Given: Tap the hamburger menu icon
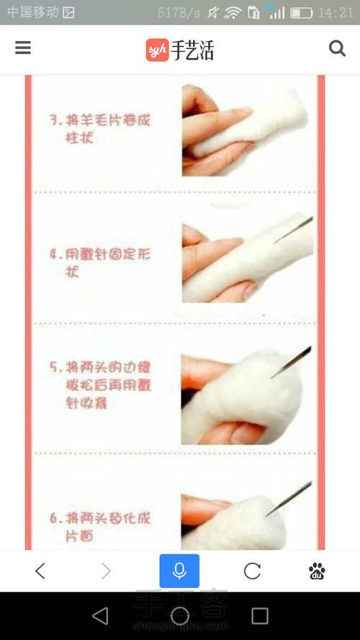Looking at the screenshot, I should click(23, 48).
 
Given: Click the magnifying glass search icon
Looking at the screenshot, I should click(337, 48).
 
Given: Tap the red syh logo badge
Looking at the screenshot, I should click(157, 50).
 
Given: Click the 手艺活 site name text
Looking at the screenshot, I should click(192, 50).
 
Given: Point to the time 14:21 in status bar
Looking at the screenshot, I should click(336, 13).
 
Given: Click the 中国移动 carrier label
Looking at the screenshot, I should click(32, 13).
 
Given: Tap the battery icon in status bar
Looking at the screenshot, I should click(302, 13).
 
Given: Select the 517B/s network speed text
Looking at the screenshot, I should click(179, 13).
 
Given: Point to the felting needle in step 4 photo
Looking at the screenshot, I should click(293, 230).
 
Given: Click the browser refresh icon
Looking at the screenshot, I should click(252, 571).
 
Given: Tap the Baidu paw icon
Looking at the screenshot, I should click(317, 571).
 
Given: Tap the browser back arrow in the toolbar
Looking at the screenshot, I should click(40, 571).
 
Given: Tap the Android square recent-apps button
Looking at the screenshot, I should click(260, 616).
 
